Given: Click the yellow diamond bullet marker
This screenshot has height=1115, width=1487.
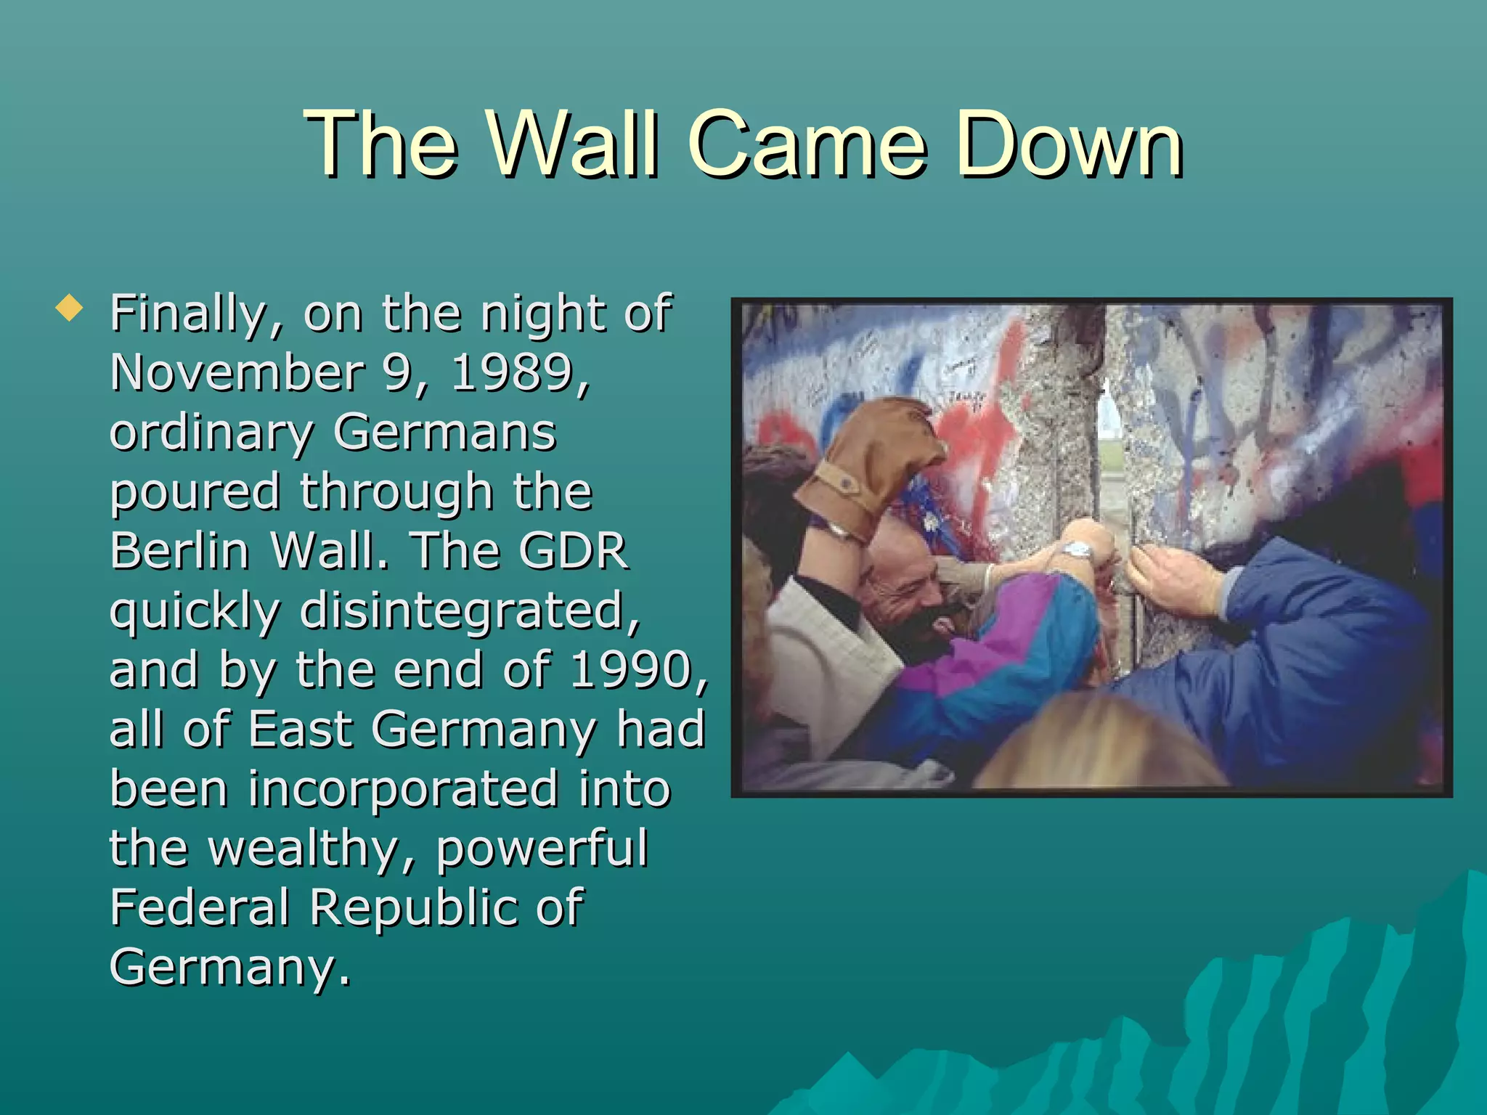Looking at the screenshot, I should click(68, 310).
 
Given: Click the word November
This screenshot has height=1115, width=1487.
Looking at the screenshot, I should click(237, 373).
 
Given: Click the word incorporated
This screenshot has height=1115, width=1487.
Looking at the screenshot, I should click(403, 788).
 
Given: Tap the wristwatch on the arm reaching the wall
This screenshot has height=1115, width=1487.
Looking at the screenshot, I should click(1080, 551).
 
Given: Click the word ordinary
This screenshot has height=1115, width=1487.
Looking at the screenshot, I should click(211, 433).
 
